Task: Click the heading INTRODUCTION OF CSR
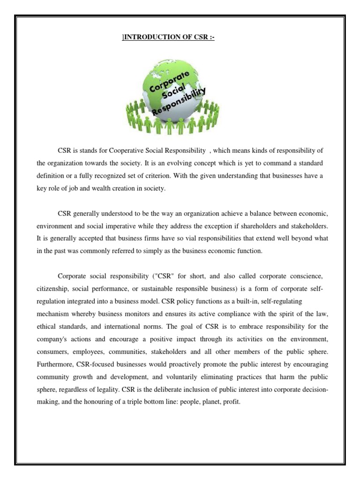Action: pos(169,38)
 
